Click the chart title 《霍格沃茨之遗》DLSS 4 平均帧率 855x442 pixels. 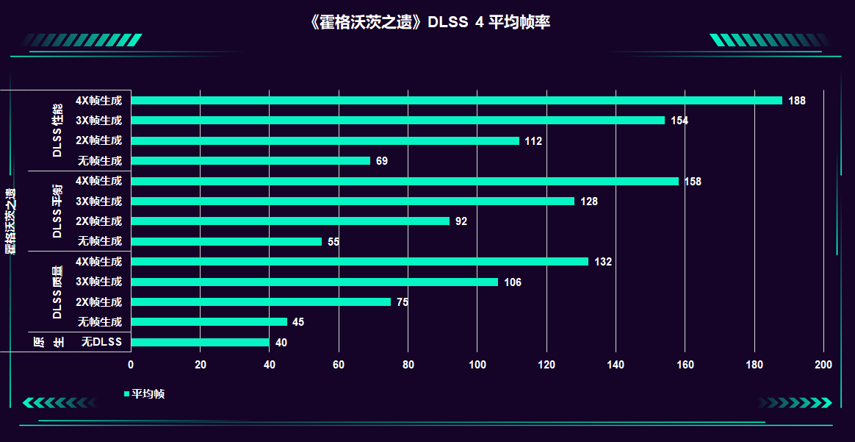point(430,22)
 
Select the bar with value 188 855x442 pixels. point(455,101)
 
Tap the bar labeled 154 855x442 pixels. point(397,121)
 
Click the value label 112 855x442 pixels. point(533,141)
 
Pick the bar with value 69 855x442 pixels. point(250,161)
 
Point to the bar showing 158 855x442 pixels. point(404,181)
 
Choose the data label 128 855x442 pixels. point(589,202)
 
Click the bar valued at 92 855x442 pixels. point(290,221)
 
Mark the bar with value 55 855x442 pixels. point(226,241)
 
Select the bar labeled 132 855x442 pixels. point(360,262)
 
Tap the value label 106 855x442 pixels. point(513,282)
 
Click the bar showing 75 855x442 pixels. point(261,302)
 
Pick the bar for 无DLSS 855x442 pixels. point(200,342)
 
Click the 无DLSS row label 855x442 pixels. point(101,342)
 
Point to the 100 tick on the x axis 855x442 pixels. point(477,366)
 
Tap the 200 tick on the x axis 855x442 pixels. point(823,366)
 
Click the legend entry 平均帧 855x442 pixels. point(148,394)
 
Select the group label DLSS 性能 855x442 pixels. point(57,130)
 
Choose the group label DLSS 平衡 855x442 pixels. point(57,211)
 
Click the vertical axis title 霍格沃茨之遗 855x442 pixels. point(10,221)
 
